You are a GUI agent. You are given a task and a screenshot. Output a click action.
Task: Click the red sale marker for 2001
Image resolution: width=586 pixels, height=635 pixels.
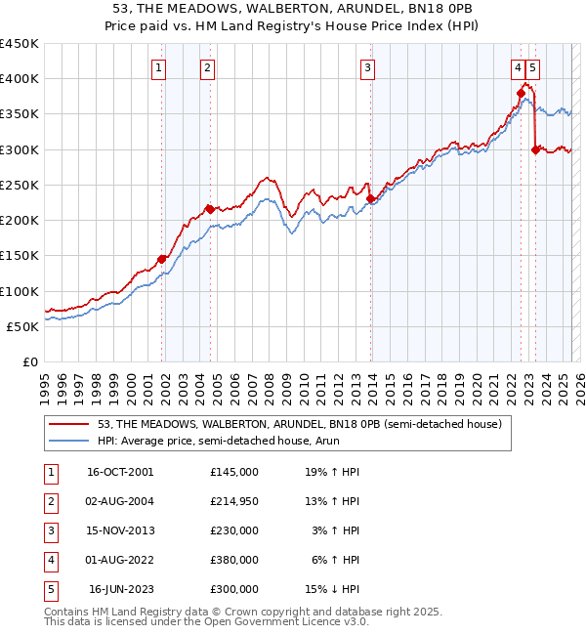(x=162, y=259)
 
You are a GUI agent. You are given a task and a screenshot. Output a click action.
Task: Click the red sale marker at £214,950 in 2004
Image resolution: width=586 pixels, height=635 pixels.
(x=210, y=209)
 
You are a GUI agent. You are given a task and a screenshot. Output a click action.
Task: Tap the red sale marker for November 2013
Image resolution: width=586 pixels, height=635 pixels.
(x=370, y=198)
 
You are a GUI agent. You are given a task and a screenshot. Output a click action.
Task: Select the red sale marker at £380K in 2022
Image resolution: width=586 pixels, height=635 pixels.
(x=521, y=93)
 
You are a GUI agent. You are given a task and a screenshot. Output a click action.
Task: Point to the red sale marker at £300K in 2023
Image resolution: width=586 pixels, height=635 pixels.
(x=535, y=149)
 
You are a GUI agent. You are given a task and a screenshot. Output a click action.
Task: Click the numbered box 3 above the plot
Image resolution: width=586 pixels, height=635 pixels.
(x=367, y=68)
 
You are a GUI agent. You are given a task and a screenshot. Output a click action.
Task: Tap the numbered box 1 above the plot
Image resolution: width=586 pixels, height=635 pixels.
(x=158, y=68)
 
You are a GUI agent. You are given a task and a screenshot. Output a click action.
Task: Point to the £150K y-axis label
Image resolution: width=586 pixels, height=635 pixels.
(x=20, y=256)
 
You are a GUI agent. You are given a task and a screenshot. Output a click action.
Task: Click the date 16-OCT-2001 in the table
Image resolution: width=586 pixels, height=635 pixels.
(x=121, y=472)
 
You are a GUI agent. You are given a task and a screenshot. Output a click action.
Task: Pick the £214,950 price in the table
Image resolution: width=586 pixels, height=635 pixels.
(x=234, y=501)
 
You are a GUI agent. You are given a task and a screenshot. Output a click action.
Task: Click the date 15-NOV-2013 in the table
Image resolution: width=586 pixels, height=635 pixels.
(x=121, y=530)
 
